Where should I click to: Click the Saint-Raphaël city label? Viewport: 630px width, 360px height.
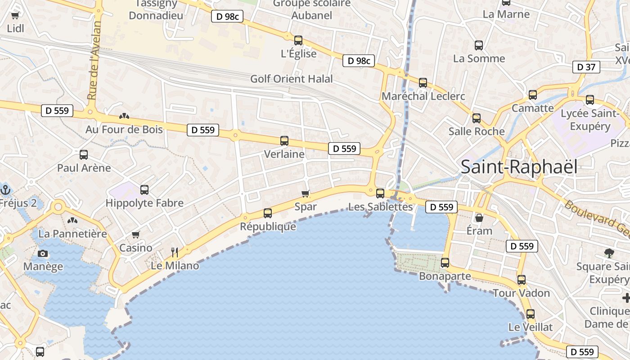tap(519, 167)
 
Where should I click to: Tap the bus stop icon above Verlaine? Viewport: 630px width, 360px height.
tap(284, 141)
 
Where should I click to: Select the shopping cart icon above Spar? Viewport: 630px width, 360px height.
tap(306, 193)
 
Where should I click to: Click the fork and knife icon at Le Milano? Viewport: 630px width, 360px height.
tap(175, 252)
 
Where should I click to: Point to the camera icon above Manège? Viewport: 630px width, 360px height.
tap(43, 253)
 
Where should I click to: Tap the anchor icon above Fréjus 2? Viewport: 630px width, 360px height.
tap(5, 189)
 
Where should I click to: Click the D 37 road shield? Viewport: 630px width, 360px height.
tap(586, 67)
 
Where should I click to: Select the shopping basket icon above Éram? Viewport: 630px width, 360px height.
tap(479, 218)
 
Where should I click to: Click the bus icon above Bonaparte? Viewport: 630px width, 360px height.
tap(445, 263)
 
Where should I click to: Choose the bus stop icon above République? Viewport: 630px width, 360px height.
tap(268, 213)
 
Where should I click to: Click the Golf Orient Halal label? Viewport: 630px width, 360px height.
tap(292, 79)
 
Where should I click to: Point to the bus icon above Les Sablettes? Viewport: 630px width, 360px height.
tap(380, 193)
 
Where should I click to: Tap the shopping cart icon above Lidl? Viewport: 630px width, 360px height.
tap(15, 16)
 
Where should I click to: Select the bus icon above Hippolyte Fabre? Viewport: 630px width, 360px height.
tap(144, 190)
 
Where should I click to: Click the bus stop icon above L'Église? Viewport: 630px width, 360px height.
tap(298, 40)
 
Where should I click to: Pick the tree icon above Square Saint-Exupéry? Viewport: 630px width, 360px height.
tap(609, 253)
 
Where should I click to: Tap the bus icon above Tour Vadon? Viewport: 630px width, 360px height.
tap(521, 280)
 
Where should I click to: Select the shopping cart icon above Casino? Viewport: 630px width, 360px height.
tap(135, 234)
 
